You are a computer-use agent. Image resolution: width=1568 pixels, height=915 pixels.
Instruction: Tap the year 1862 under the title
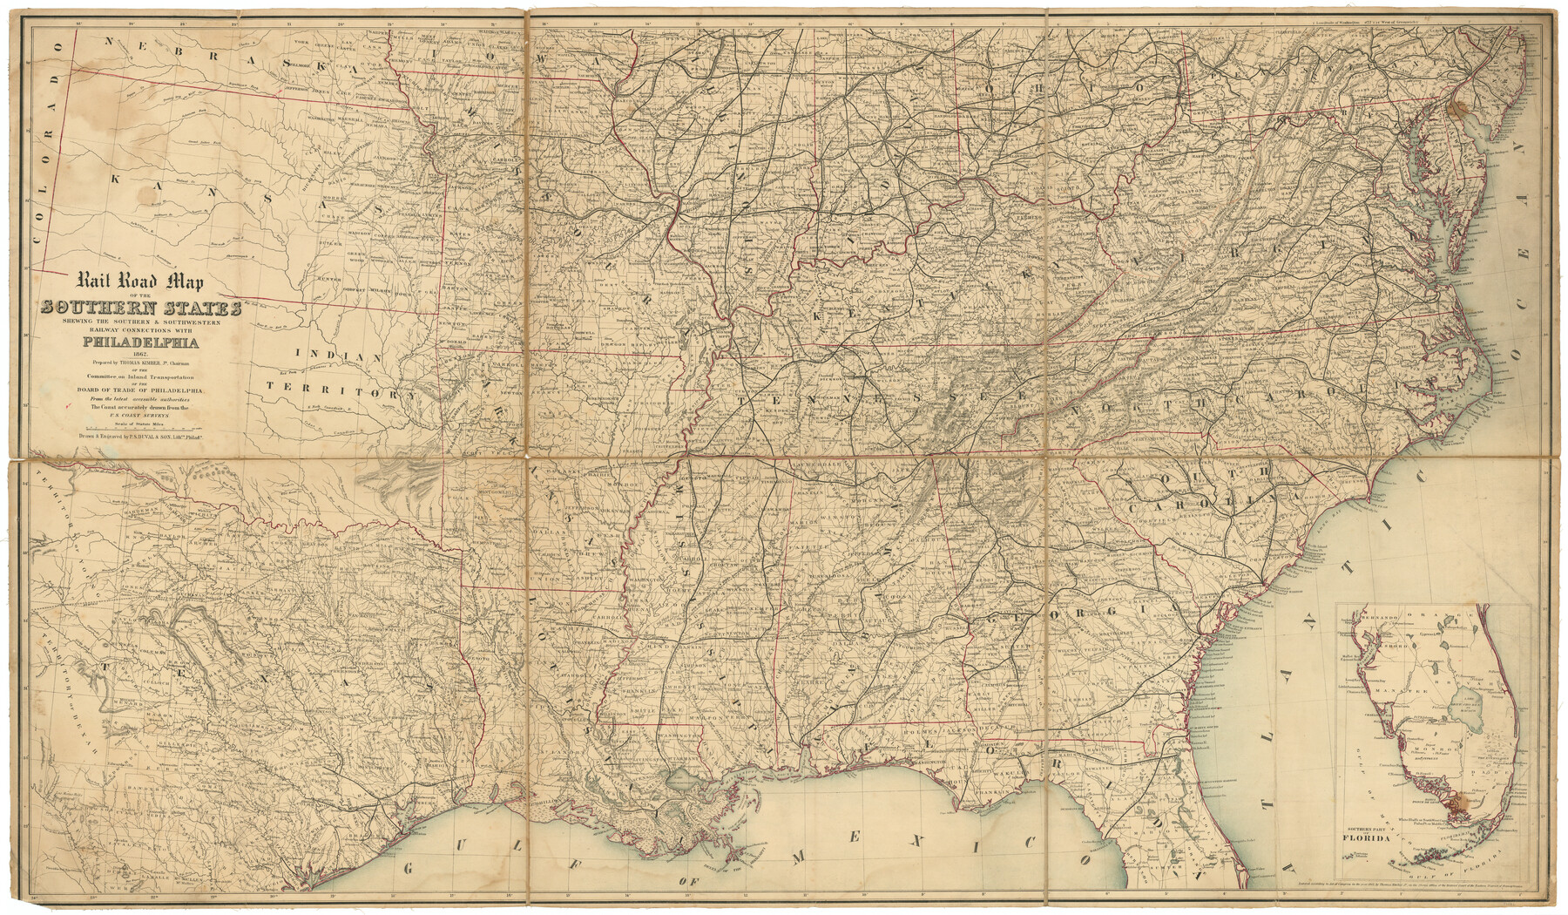click(141, 354)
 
